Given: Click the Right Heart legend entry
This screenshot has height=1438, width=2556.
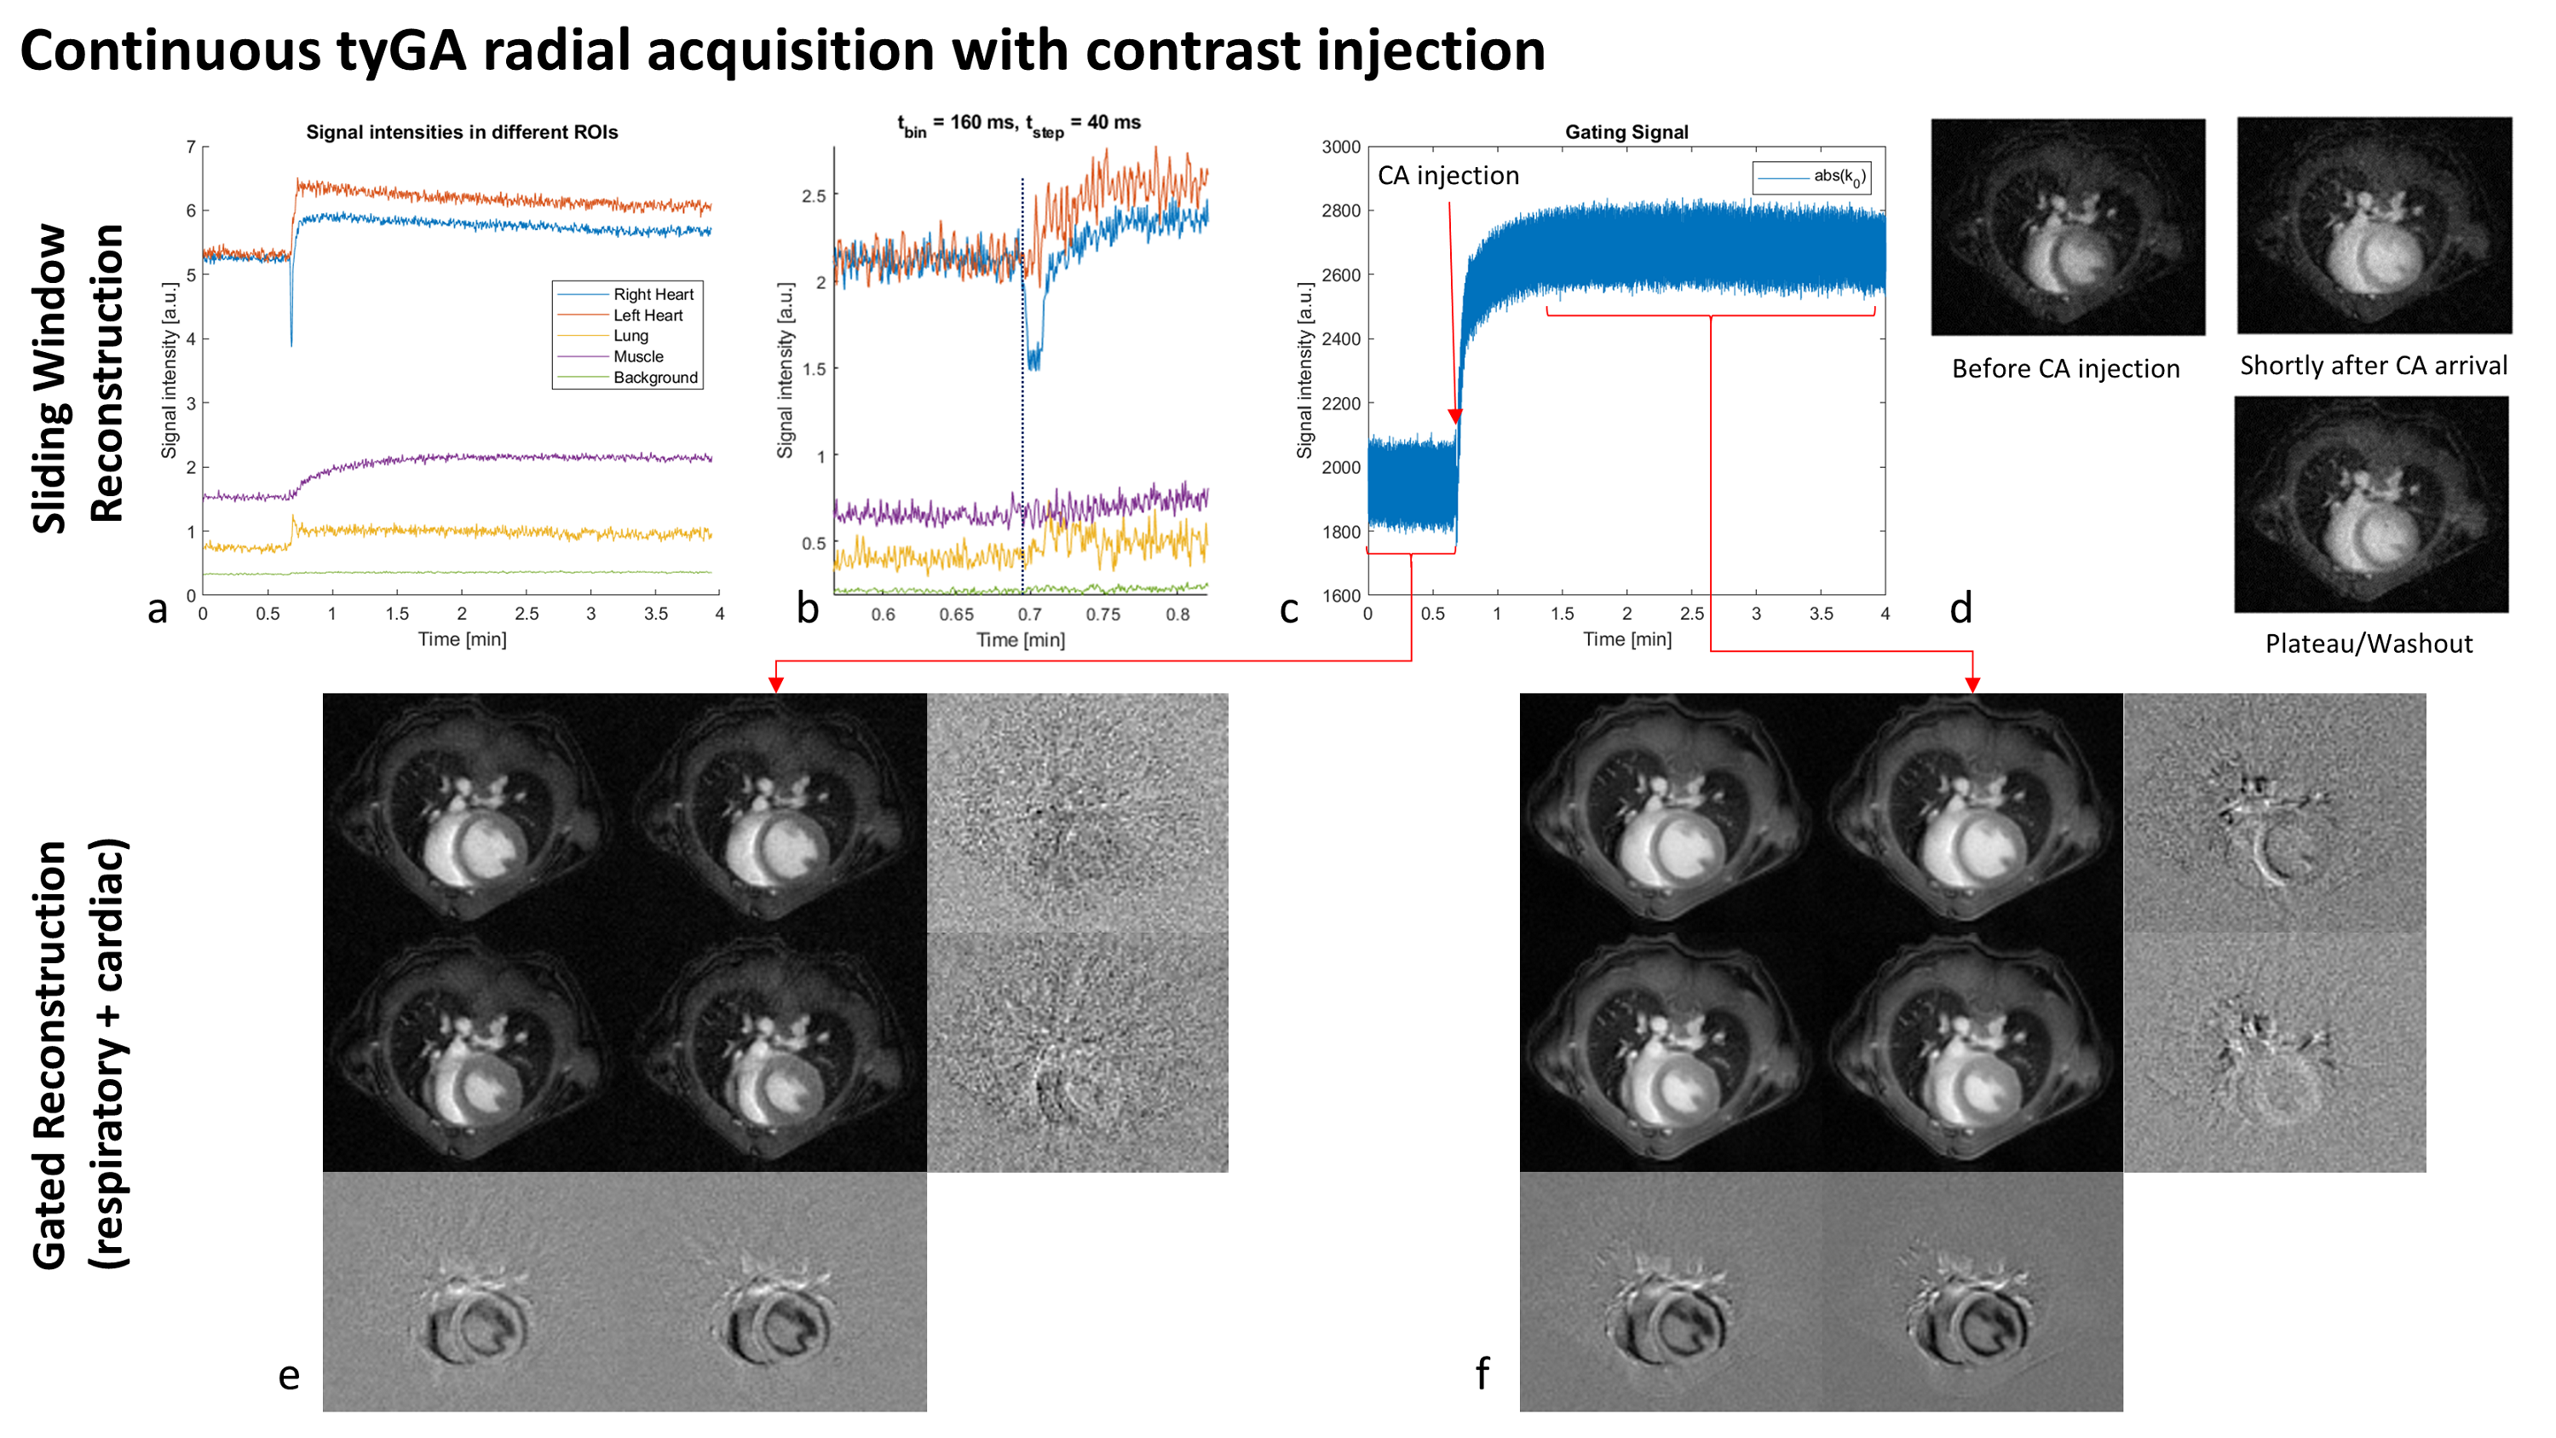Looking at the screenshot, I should pyautogui.click(x=652, y=295).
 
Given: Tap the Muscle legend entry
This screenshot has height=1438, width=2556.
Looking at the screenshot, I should pyautogui.click(x=637, y=357).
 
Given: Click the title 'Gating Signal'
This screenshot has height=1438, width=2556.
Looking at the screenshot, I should pyautogui.click(x=1626, y=132).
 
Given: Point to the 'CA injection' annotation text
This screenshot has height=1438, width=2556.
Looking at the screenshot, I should pyautogui.click(x=1448, y=176).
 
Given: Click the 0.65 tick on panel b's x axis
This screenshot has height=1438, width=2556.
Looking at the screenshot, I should pyautogui.click(x=956, y=615).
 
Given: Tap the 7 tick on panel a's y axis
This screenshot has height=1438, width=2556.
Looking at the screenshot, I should pyautogui.click(x=191, y=147).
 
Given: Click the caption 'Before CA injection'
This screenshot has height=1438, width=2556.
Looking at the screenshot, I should pyautogui.click(x=2065, y=369).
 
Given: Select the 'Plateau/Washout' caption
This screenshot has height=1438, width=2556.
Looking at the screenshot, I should pyautogui.click(x=2369, y=644).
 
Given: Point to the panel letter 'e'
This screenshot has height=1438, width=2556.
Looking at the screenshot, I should pyautogui.click(x=289, y=1377).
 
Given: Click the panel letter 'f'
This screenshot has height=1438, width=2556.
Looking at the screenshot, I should pyautogui.click(x=1482, y=1374).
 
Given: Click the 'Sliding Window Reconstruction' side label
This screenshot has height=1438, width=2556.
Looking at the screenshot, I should pyautogui.click(x=78, y=377).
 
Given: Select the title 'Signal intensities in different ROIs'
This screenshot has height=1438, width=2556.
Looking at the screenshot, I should pyautogui.click(x=462, y=133).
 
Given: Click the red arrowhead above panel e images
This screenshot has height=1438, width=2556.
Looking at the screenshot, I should pyautogui.click(x=776, y=684).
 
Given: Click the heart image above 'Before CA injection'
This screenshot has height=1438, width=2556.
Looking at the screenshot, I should pyautogui.click(x=2068, y=228).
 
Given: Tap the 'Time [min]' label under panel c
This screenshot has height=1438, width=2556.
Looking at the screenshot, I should pyautogui.click(x=1626, y=640).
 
